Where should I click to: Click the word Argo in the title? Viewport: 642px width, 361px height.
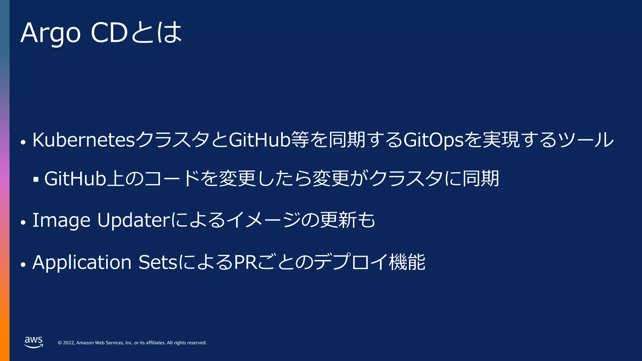pos(50,33)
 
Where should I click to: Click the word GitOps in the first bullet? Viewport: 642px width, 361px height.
pos(434,140)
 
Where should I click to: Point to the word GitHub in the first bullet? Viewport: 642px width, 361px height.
pos(260,140)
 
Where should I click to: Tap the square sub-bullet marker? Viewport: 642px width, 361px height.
pos(36,180)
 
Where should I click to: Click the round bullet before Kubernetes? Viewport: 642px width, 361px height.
pos(23,142)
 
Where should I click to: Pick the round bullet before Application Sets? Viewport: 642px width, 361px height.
pos(23,264)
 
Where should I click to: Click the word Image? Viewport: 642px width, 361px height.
pos(61,220)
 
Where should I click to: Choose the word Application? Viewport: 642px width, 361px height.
pos(82,262)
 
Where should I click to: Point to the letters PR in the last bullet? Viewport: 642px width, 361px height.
pos(246,262)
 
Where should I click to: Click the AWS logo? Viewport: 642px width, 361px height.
pos(34,342)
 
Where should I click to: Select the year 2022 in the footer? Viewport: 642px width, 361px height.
pos(69,343)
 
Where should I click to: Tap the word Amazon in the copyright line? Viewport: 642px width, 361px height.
pos(85,343)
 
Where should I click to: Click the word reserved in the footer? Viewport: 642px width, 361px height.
pos(197,343)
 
